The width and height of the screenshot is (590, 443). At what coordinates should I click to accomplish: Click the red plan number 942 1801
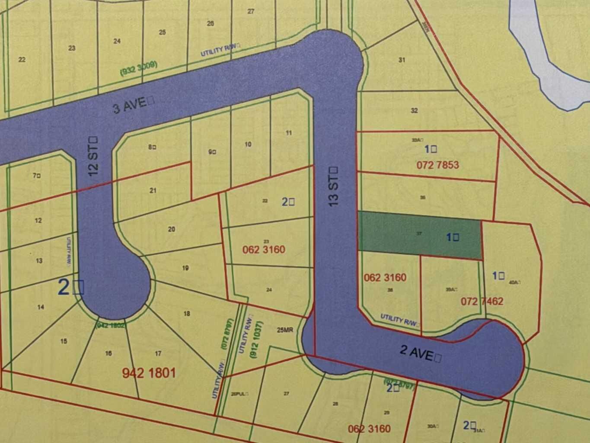pyautogui.click(x=149, y=372)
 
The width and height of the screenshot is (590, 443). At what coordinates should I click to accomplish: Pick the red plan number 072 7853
pyautogui.click(x=437, y=165)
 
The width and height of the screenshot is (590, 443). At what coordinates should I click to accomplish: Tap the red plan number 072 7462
pyautogui.click(x=482, y=301)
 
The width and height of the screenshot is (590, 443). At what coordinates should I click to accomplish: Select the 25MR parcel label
pyautogui.click(x=285, y=330)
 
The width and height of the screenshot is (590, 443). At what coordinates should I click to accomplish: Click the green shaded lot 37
pyautogui.click(x=419, y=234)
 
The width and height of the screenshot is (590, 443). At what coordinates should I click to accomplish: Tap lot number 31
pyautogui.click(x=402, y=60)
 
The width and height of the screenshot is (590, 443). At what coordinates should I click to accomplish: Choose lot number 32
pyautogui.click(x=414, y=111)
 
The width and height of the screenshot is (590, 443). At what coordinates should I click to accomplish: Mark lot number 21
pyautogui.click(x=153, y=190)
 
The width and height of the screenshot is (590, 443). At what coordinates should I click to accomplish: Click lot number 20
pyautogui.click(x=172, y=229)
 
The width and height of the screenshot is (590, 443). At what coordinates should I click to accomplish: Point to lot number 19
pyautogui.click(x=185, y=268)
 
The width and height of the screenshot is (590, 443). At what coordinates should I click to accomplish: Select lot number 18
pyautogui.click(x=187, y=314)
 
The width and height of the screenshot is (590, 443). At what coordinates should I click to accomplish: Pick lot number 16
pyautogui.click(x=108, y=353)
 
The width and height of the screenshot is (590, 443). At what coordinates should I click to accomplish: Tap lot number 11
pyautogui.click(x=289, y=133)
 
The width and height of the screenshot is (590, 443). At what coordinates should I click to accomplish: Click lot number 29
pyautogui.click(x=386, y=413)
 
